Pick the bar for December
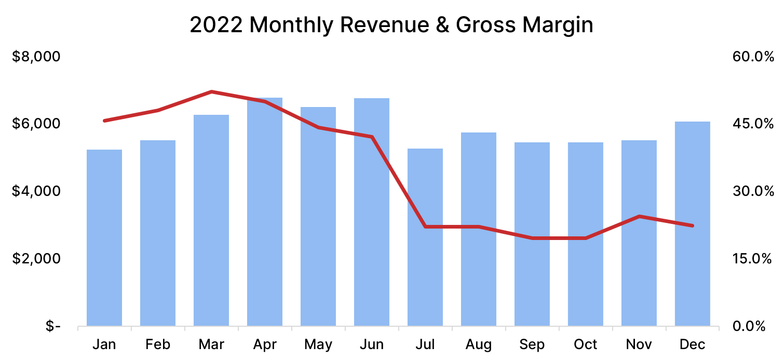pos(693,224)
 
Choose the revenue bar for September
pos(532,234)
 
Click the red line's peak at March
pos(211,91)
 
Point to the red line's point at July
pos(425,226)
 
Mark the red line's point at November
pos(639,216)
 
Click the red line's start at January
pos(104,121)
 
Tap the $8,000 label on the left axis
pos(36,57)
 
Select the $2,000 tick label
pos(36,259)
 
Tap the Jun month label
pos(372,344)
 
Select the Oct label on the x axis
pos(586,344)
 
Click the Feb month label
pos(158,344)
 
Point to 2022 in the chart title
pos(216,25)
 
